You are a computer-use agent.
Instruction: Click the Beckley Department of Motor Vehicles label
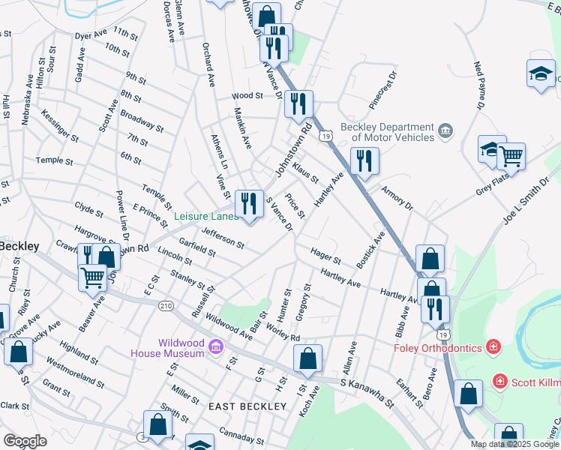pos(388,132)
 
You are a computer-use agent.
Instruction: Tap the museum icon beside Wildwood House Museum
pos(216,346)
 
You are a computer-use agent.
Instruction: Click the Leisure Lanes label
pos(205,216)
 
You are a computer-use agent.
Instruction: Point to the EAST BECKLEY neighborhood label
pos(247,406)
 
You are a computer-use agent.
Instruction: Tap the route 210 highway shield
pos(166,306)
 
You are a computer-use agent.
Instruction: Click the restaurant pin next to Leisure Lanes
pos(249,203)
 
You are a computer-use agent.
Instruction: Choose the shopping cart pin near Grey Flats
pos(511,156)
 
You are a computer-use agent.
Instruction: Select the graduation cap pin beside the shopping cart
pos(491,149)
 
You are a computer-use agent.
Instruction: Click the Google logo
pos(25,441)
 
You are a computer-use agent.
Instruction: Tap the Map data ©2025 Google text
pos(515,444)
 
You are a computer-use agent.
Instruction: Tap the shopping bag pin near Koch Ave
pos(307,359)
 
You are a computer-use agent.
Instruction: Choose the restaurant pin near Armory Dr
pos(364,162)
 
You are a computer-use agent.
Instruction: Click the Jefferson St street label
pos(222,239)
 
